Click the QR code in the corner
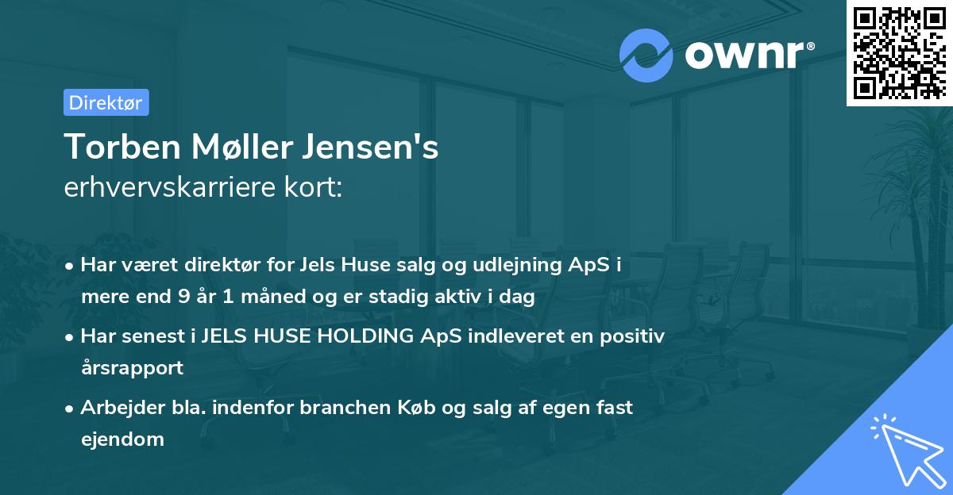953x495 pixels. (x=899, y=53)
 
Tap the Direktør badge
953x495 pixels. (x=106, y=102)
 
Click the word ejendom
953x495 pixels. (x=122, y=439)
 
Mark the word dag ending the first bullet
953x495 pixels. (x=519, y=297)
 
